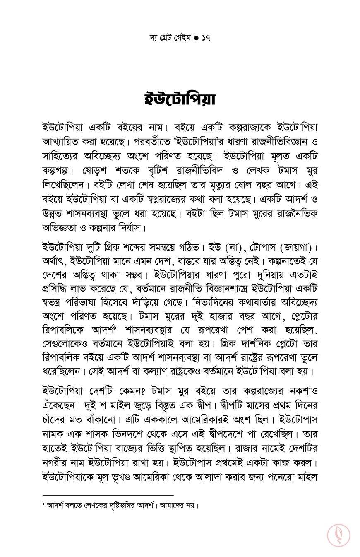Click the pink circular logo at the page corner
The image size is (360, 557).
(338, 535)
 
